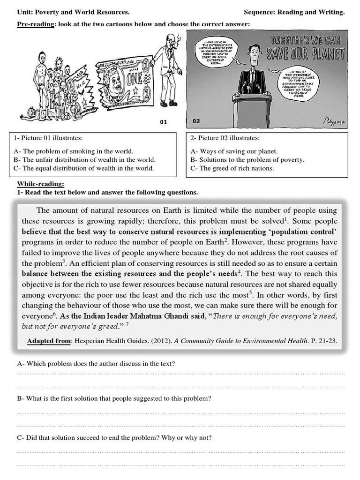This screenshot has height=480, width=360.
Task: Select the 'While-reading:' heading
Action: [x=41, y=184]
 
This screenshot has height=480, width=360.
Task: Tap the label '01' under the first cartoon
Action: [x=164, y=122]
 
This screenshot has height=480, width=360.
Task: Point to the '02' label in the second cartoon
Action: [x=196, y=121]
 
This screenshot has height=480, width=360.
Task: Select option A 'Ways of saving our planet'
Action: [x=234, y=151]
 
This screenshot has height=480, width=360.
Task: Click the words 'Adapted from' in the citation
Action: [x=48, y=341]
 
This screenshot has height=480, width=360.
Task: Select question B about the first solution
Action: [x=114, y=398]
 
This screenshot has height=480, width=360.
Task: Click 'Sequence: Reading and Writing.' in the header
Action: [x=294, y=12]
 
